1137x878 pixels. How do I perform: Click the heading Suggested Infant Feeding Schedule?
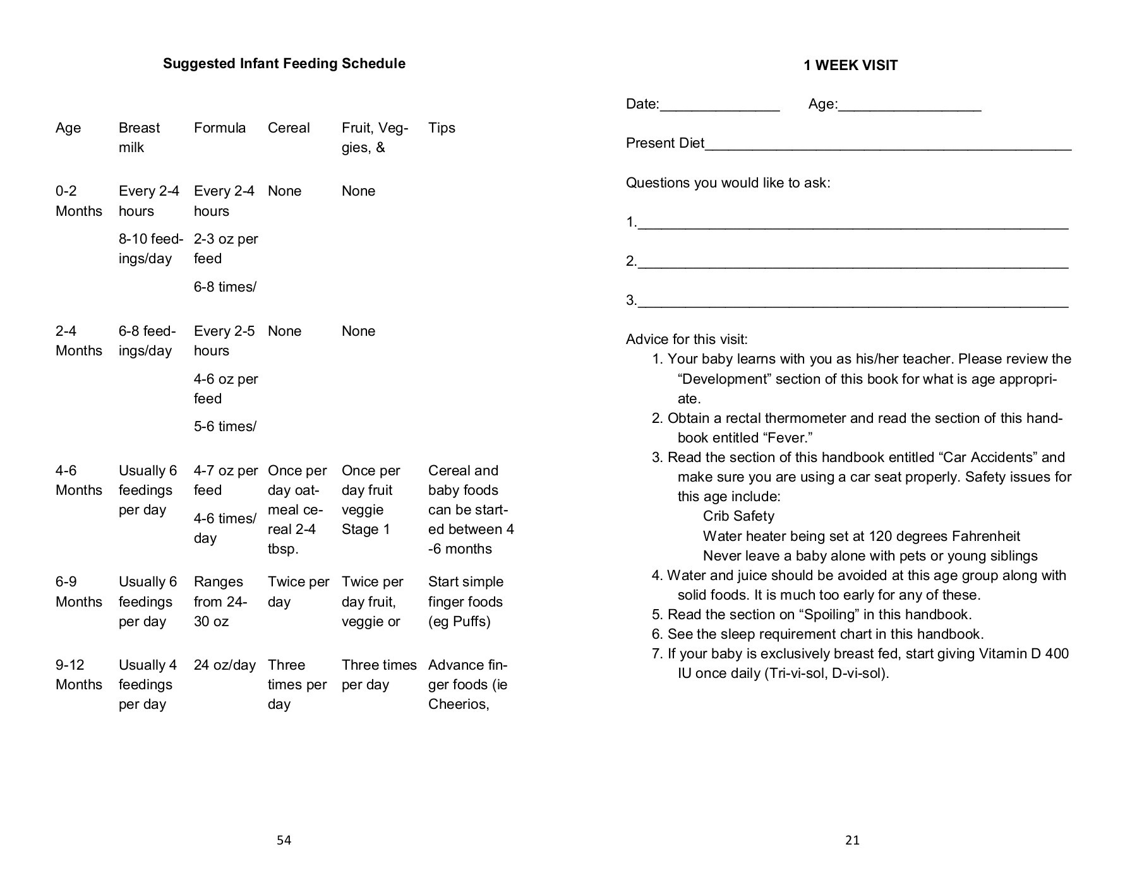[284, 64]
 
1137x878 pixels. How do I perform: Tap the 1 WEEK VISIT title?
[850, 66]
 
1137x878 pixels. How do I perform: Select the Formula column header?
[219, 128]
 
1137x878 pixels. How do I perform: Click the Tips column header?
[442, 128]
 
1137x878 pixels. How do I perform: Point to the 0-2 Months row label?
[78, 201]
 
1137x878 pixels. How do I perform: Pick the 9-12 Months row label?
[78, 675]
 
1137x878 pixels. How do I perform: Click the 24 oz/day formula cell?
[224, 665]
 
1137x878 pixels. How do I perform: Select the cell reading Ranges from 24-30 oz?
[220, 602]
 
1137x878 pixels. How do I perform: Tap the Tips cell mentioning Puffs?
[466, 602]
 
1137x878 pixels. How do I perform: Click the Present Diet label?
[665, 144]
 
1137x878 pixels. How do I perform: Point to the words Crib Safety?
[738, 516]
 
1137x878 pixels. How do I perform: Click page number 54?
[284, 840]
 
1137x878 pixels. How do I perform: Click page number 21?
[851, 840]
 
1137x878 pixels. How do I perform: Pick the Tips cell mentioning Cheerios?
[467, 685]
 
